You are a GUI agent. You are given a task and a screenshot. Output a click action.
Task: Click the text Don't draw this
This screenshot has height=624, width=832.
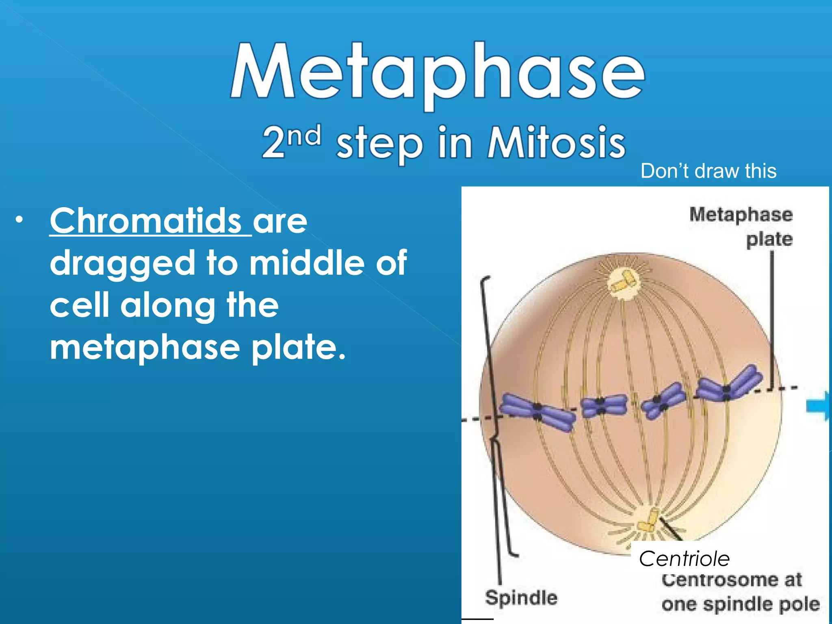(x=708, y=171)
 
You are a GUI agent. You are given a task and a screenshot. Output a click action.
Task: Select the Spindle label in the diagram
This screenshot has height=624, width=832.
(x=521, y=598)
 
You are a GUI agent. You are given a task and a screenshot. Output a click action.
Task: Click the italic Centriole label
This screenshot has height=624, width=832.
(x=684, y=559)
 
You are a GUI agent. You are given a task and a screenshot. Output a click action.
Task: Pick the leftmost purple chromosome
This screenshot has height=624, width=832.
(x=537, y=412)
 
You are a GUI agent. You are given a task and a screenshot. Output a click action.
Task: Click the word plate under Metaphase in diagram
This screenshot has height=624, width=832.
(x=769, y=239)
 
